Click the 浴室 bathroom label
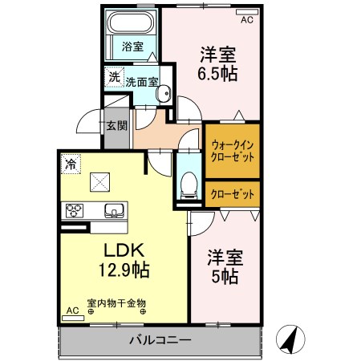pos(133,47)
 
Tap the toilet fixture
pos(189,184)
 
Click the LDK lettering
pos(118,249)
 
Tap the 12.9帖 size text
pos(118,270)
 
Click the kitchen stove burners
pos(75,211)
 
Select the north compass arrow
pos(290,339)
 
